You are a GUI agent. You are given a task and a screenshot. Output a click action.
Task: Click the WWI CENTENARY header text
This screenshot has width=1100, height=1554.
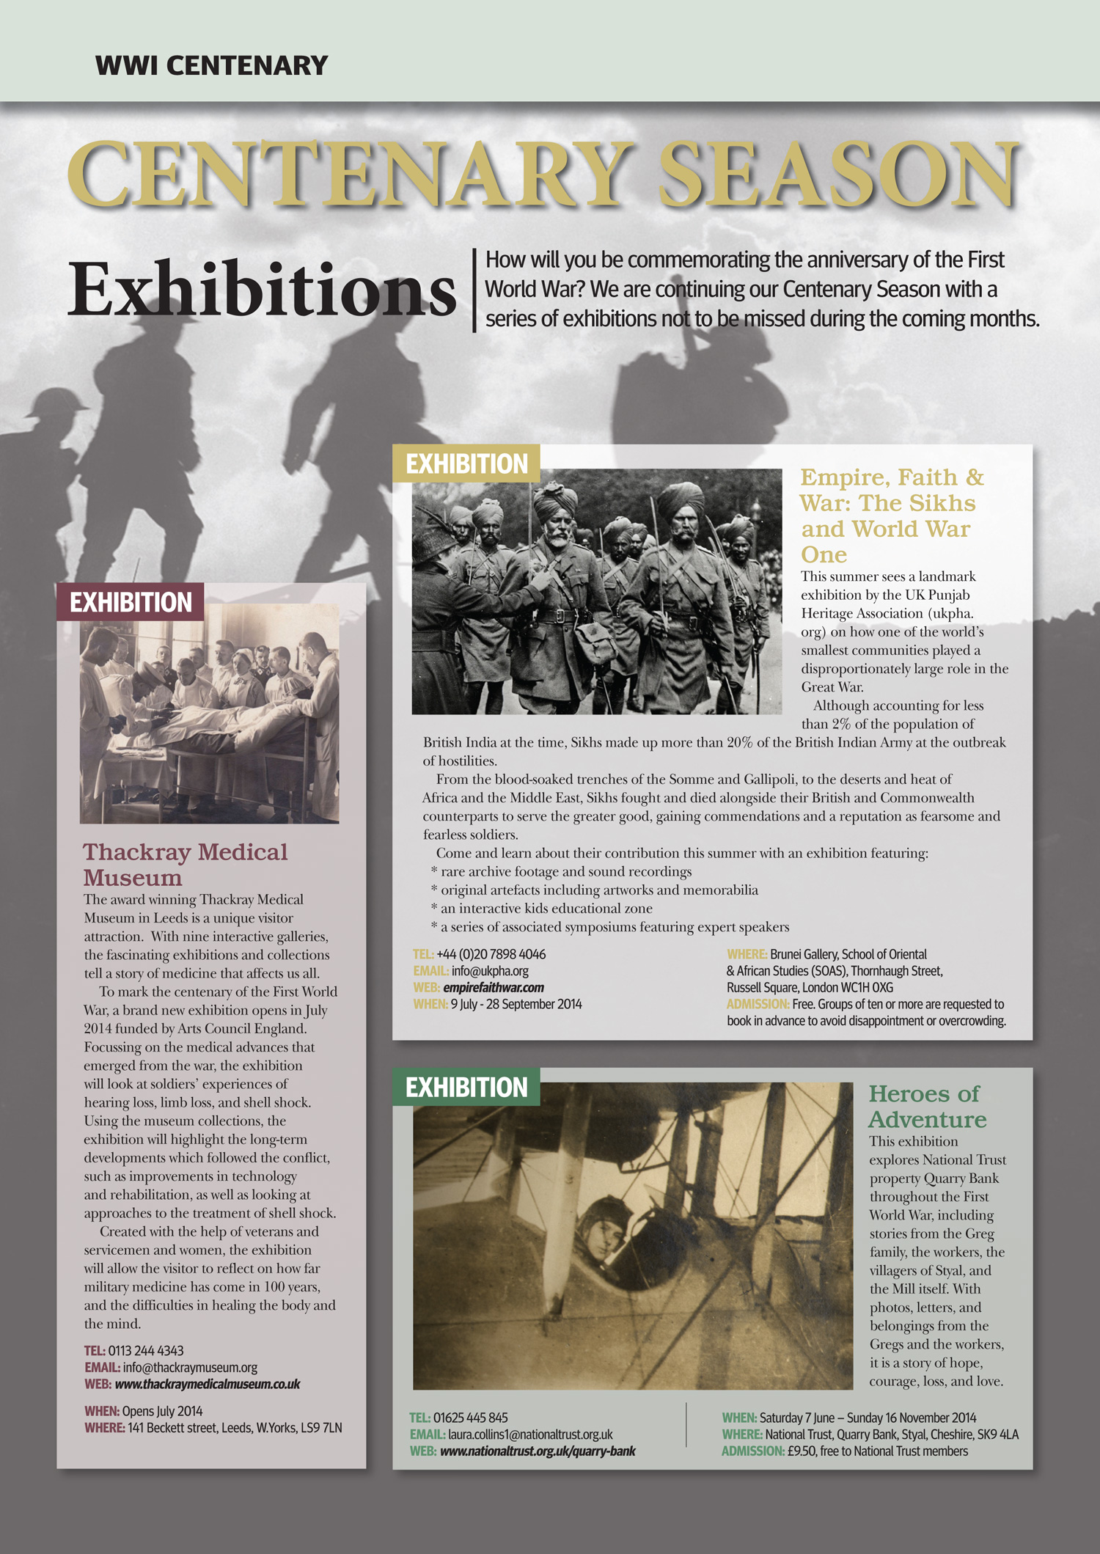click(x=211, y=66)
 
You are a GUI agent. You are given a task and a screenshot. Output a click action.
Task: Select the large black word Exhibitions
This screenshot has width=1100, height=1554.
click(x=262, y=290)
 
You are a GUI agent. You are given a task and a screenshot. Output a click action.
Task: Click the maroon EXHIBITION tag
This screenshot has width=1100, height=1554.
click(x=131, y=602)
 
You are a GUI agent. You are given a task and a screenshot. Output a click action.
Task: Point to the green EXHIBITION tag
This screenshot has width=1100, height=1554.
click(x=466, y=1087)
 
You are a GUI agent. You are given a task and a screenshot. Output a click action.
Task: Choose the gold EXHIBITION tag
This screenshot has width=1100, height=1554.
click(x=466, y=463)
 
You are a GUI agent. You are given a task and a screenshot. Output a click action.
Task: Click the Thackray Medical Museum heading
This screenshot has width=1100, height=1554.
click(x=185, y=864)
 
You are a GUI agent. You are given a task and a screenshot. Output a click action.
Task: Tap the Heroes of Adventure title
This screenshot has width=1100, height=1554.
click(x=927, y=1106)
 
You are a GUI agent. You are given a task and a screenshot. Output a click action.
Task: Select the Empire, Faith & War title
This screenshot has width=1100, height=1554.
click(x=892, y=515)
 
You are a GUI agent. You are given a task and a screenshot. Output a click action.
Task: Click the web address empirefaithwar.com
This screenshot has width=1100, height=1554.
click(x=494, y=987)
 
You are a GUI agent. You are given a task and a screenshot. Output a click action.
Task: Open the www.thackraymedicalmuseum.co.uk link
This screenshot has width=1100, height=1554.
click(x=208, y=1384)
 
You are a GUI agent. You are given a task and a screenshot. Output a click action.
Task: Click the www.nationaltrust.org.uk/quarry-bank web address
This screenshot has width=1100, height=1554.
click(x=538, y=1451)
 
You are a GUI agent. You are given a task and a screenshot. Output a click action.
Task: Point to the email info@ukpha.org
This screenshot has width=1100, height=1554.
click(x=490, y=971)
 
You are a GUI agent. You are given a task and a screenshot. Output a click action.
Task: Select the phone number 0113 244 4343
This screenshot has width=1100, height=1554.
click(x=146, y=1350)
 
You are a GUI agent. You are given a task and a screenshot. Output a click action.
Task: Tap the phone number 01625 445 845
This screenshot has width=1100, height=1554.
click(x=470, y=1418)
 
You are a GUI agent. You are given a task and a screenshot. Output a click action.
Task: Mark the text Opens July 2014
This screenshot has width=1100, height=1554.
click(x=162, y=1411)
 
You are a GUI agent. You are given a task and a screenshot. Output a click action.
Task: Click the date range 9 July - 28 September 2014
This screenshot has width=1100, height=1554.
click(x=516, y=1004)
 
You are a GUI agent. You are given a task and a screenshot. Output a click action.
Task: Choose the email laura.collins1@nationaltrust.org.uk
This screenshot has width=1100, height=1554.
click(x=530, y=1434)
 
